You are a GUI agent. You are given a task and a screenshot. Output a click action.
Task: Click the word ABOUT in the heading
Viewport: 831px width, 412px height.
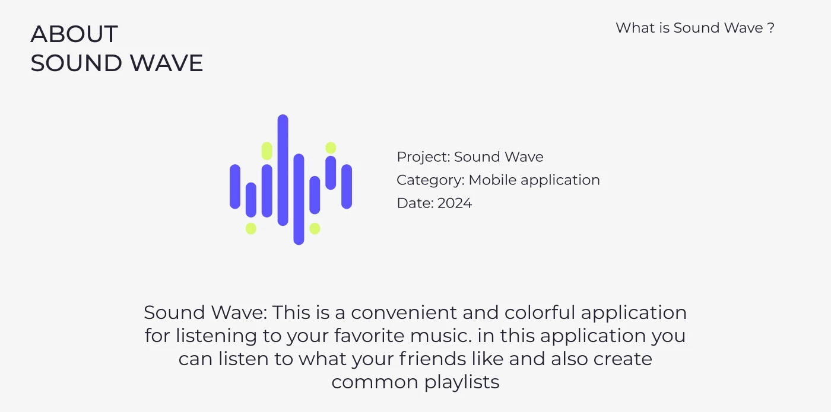point(74,34)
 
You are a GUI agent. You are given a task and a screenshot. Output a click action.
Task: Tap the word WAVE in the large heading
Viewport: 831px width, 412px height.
point(167,63)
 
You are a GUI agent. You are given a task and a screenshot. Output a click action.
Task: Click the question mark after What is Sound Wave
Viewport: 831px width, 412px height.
point(770,28)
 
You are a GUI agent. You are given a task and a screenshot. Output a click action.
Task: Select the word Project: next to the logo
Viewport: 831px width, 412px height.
point(423,157)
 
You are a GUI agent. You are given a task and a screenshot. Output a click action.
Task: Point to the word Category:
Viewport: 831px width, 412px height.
point(430,180)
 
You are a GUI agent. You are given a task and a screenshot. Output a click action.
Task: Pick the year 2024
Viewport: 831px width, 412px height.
point(455,203)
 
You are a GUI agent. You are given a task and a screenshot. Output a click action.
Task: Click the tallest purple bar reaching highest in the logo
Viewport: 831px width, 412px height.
point(283,170)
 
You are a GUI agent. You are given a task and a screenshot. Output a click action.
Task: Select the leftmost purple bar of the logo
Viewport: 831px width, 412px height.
point(235,186)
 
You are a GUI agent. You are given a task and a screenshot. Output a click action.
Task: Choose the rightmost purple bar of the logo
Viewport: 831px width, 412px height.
point(347,186)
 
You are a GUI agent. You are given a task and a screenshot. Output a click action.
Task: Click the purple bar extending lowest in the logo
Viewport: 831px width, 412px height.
point(299,199)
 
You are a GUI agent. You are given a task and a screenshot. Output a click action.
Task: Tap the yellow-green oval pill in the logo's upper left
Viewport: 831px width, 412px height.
point(267,151)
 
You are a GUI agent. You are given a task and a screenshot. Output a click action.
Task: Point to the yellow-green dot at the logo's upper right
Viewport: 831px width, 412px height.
point(331,148)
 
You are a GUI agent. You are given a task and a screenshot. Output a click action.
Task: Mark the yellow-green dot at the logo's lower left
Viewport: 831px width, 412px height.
point(250,229)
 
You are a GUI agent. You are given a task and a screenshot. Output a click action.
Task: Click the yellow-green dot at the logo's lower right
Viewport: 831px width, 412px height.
point(315,229)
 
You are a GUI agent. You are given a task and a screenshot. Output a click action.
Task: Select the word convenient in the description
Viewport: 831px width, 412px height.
point(404,313)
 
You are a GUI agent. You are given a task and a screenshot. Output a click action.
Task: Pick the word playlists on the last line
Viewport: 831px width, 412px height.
point(462,382)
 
